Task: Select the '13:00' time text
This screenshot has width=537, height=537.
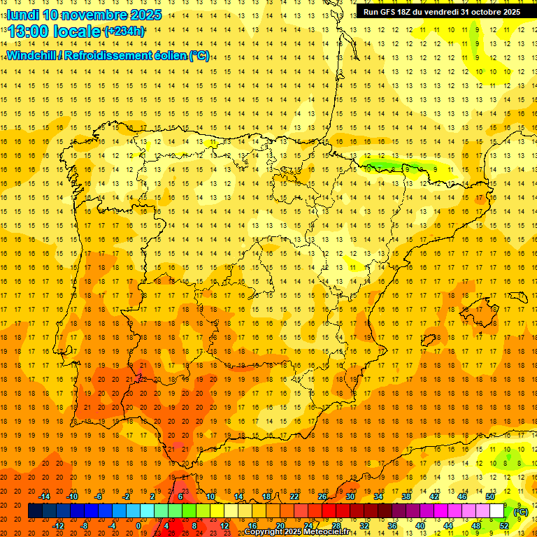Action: point(29,31)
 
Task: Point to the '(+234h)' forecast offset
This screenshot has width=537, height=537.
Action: point(124,31)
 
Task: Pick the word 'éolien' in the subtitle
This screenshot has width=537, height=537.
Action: point(168,55)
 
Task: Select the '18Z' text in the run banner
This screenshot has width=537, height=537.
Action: point(409,12)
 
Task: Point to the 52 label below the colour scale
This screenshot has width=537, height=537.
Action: point(503,526)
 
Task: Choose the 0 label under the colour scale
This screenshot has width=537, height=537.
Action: point(138,526)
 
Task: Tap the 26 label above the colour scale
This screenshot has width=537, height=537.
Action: point(322,496)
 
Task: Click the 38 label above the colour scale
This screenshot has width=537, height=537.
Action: point(406,496)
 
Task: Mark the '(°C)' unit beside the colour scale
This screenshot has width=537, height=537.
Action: point(520,512)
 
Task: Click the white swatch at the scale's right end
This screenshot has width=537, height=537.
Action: point(497,511)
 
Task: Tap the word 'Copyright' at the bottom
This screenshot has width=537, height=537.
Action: point(265,532)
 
